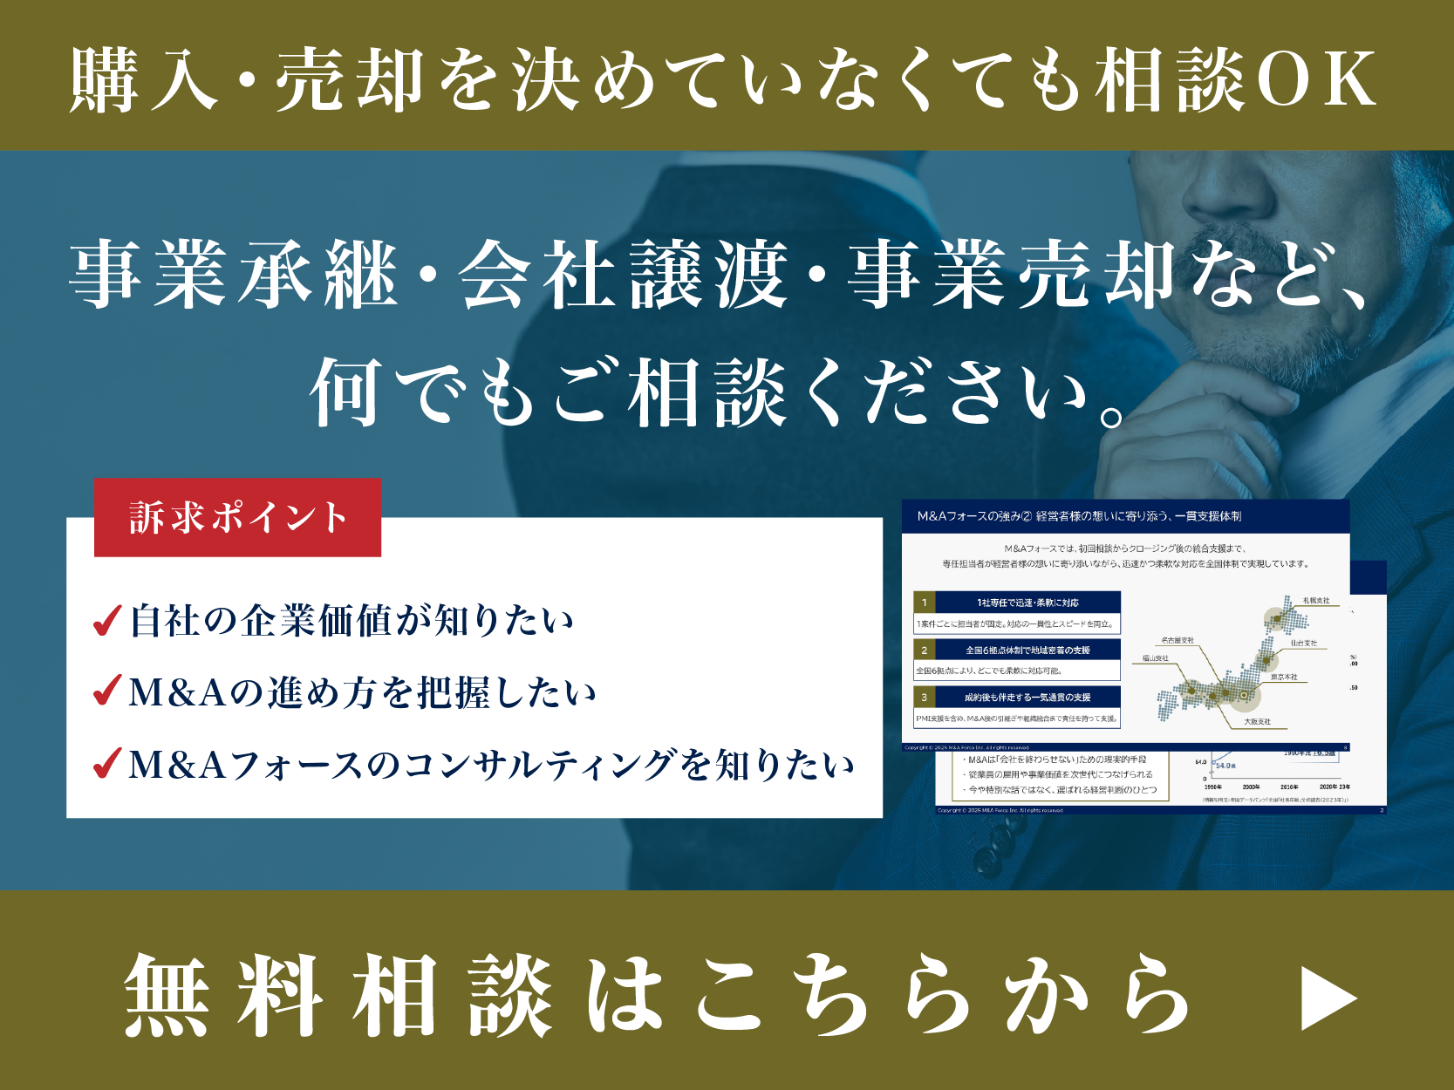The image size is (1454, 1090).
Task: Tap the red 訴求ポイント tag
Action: click(237, 517)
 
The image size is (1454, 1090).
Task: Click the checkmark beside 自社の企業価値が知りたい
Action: click(106, 621)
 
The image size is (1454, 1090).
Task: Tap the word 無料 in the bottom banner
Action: click(223, 995)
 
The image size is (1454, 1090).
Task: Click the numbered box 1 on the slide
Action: click(925, 602)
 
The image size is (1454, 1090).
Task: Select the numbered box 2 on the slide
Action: click(925, 650)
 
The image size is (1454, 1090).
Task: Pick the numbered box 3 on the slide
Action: click(925, 697)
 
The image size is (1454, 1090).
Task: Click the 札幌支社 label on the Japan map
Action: click(1315, 600)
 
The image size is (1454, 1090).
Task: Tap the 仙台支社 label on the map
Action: click(1303, 643)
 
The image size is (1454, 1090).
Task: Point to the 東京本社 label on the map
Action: click(1284, 677)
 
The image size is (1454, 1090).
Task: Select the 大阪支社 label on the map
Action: click(1257, 721)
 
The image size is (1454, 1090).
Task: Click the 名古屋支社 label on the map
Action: click(1178, 640)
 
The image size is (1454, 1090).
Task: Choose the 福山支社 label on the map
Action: click(1156, 658)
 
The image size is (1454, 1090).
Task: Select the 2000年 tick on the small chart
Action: click(1251, 787)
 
